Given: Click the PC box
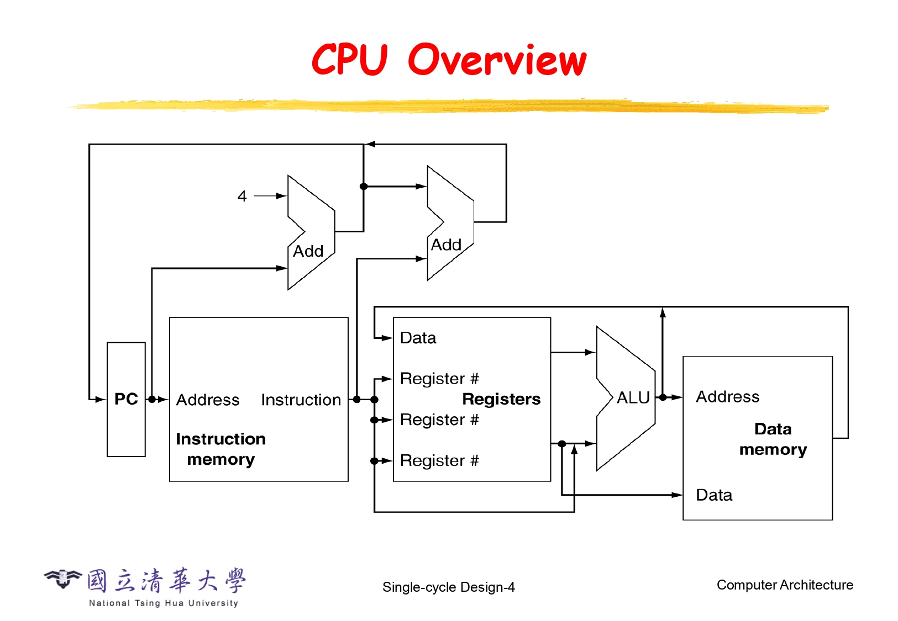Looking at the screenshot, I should pos(126,399).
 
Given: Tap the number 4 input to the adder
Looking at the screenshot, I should pos(242,196).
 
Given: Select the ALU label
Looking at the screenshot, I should pos(633,397).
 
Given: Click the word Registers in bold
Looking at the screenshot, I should pos(501,399).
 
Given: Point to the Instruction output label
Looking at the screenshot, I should pos(301,400).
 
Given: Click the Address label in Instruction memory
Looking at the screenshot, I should pos(208,400).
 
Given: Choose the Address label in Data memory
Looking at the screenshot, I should pos(727,396).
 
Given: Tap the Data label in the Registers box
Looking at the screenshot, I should pos(418,338).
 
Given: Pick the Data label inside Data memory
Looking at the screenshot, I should pos(714,495).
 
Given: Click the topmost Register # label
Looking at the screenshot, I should pos(439,379).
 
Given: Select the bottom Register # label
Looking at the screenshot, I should pos(439,460).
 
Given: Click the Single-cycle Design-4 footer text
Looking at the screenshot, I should pos(448,587).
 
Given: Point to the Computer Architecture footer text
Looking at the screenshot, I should pos(785,585).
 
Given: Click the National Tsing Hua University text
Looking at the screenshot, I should pos(164,603).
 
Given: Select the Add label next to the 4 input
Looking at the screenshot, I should pos(308,251).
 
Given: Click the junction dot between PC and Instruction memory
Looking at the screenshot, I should pos(152,399).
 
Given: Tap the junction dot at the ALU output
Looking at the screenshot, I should pos(663,397).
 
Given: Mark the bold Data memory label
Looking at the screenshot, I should pos(773,439).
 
